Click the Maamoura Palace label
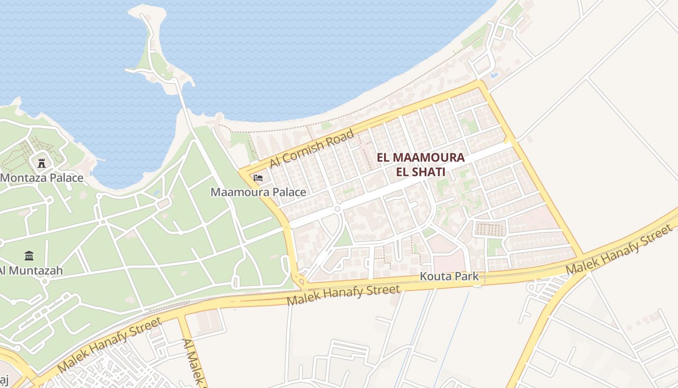pyautogui.click(x=258, y=192)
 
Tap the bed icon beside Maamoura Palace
pyautogui.click(x=258, y=178)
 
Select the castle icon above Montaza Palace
pyautogui.click(x=42, y=163)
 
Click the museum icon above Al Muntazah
pyautogui.click(x=29, y=256)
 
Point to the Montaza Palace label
pyautogui.click(x=42, y=178)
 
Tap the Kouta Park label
pyautogui.click(x=449, y=276)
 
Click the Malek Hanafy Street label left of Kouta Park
pyautogui.click(x=344, y=295)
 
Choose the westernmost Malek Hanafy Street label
pyautogui.click(x=109, y=344)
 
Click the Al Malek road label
pyautogui.click(x=192, y=361)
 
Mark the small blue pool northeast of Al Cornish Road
pyautogui.click(x=494, y=76)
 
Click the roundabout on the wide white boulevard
pyautogui.click(x=338, y=209)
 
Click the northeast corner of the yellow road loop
pyautogui.click(x=480, y=83)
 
